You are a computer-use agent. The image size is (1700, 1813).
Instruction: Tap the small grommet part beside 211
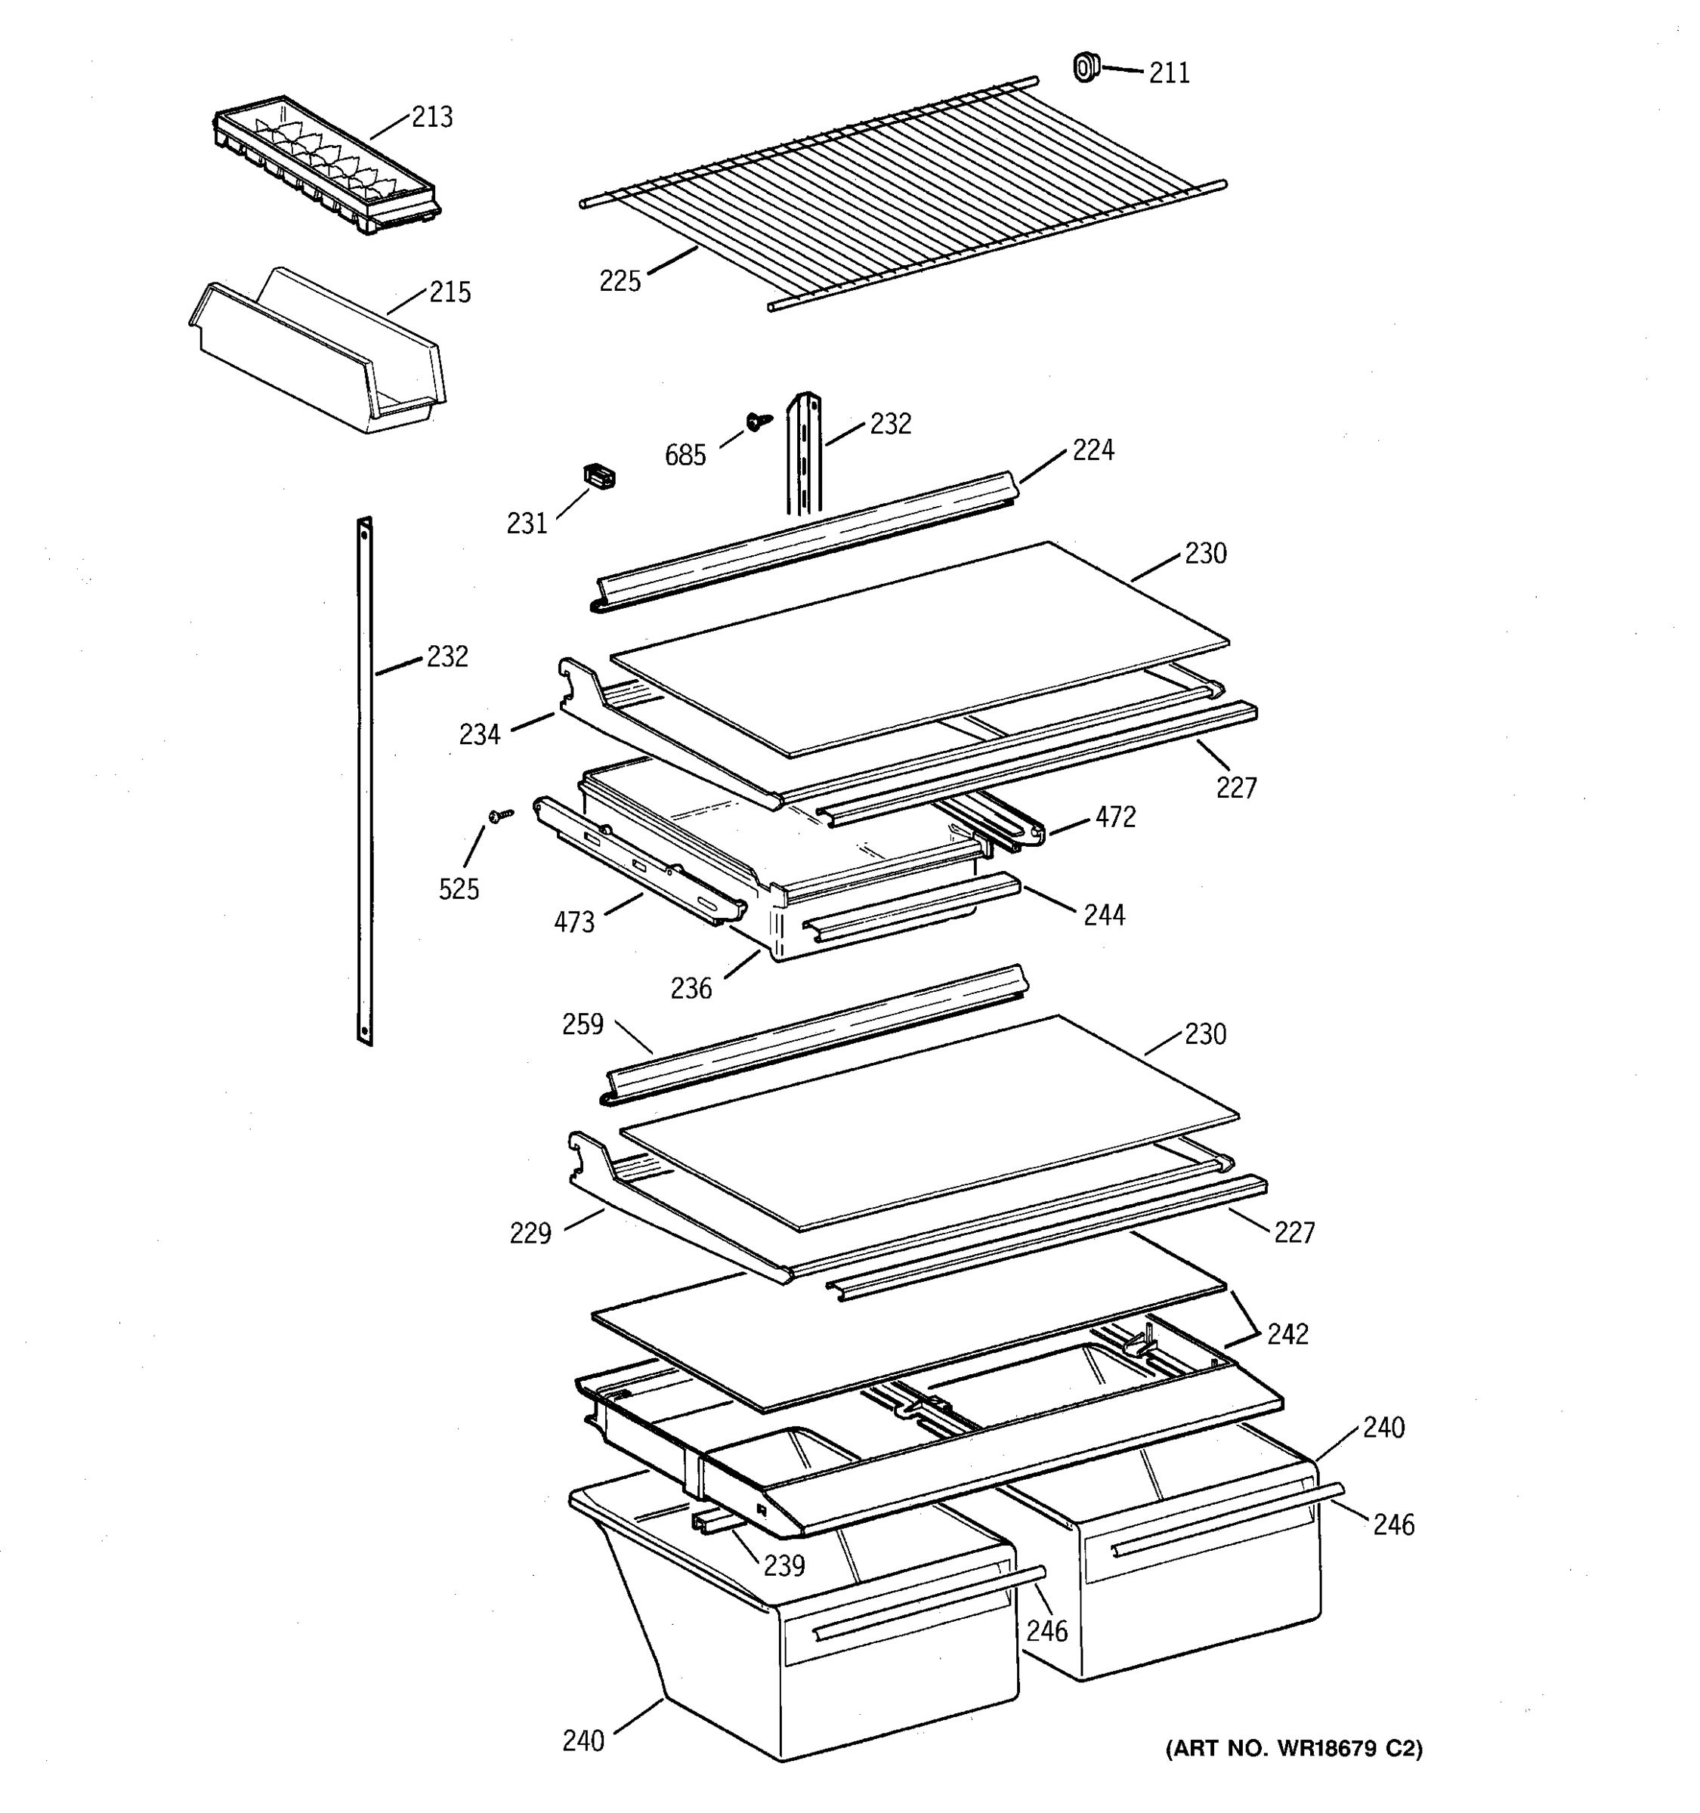pyautogui.click(x=1085, y=67)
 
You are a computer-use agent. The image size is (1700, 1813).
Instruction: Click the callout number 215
pyautogui.click(x=450, y=293)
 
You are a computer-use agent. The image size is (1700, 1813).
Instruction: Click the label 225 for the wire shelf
pyautogui.click(x=620, y=281)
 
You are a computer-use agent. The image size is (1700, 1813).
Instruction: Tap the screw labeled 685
pyautogui.click(x=757, y=421)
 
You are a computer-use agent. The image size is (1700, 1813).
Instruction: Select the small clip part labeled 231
pyautogui.click(x=599, y=476)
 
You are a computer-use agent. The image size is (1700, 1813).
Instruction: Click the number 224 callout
pyautogui.click(x=1092, y=449)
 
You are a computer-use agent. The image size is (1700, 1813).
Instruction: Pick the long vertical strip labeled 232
pyautogui.click(x=365, y=780)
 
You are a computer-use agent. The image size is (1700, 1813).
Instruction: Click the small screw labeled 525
pyautogui.click(x=502, y=815)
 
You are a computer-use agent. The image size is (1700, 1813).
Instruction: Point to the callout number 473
pyautogui.click(x=573, y=923)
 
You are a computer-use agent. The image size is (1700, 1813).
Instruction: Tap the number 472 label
pyautogui.click(x=1115, y=817)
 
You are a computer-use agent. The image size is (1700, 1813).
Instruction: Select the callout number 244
pyautogui.click(x=1104, y=915)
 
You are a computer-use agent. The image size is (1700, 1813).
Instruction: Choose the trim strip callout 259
pyautogui.click(x=582, y=1024)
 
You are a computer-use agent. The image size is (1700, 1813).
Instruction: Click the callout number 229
pyautogui.click(x=530, y=1234)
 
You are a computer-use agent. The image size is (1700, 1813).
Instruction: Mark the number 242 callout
pyautogui.click(x=1287, y=1334)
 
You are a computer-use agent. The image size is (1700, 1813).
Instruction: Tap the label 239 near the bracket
pyautogui.click(x=784, y=1566)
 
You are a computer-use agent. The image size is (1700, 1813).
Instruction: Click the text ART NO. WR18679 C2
pyautogui.click(x=1294, y=1748)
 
